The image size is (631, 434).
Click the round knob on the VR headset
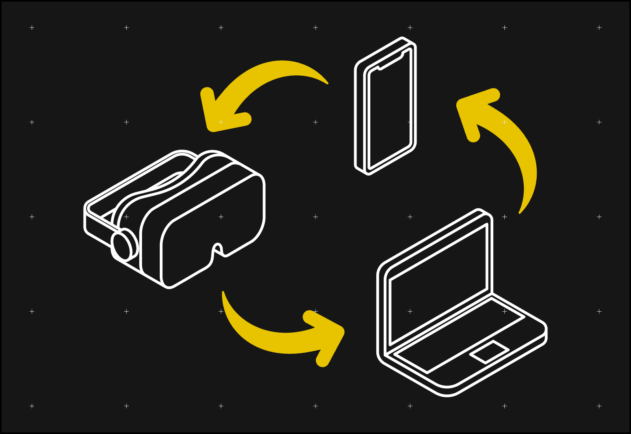tap(123, 245)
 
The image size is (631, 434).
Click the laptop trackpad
tap(489, 352)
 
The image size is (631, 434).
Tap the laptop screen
tap(438, 284)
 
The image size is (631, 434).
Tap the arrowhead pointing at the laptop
tap(327, 335)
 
